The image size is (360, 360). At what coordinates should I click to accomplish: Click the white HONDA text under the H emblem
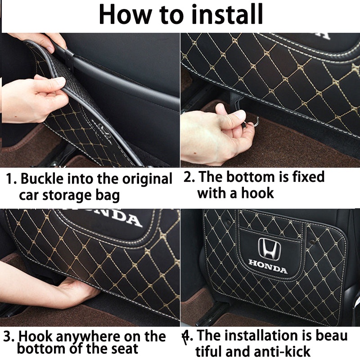[x=268, y=266]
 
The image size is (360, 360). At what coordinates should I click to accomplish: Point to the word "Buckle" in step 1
[x=42, y=179]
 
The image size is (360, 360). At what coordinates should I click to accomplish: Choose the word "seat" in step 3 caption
[x=125, y=348]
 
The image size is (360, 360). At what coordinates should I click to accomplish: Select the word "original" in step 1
[x=147, y=179]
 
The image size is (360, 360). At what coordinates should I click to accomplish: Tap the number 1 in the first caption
[x=9, y=179]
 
